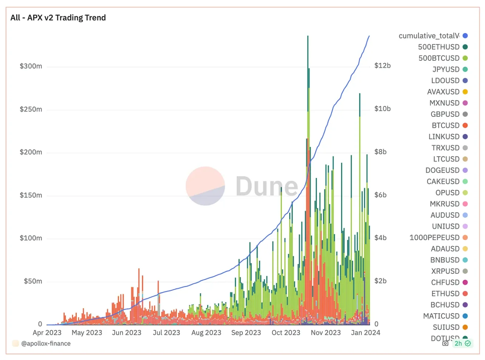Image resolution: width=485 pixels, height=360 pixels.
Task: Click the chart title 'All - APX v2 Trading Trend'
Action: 58,18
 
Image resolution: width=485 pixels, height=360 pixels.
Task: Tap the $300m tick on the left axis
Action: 31,66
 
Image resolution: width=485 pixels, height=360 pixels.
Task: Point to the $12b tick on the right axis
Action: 382,66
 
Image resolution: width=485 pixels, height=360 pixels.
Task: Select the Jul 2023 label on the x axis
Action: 166,333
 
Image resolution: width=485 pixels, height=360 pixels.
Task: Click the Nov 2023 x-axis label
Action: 325,333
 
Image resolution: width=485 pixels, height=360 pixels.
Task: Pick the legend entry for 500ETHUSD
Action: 439,47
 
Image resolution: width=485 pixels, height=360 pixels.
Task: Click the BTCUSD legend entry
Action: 445,126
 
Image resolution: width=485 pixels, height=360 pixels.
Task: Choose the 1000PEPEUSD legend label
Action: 434,238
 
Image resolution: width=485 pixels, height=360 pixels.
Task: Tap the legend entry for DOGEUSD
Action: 442,170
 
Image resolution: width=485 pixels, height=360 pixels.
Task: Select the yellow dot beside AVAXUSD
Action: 465,92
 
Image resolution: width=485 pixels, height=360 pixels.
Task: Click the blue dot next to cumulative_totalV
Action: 465,36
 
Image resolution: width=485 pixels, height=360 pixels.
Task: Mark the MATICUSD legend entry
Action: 441,316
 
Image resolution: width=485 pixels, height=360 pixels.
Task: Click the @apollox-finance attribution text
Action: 46,343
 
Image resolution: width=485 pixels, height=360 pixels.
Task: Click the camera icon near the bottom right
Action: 445,343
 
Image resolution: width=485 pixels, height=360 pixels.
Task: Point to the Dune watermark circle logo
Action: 205,186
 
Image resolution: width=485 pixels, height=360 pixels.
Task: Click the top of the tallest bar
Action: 308,37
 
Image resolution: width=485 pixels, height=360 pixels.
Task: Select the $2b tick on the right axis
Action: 380,281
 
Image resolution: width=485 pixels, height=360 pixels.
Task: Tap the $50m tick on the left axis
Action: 33,281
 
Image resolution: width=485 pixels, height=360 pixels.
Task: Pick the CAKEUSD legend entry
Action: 443,181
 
